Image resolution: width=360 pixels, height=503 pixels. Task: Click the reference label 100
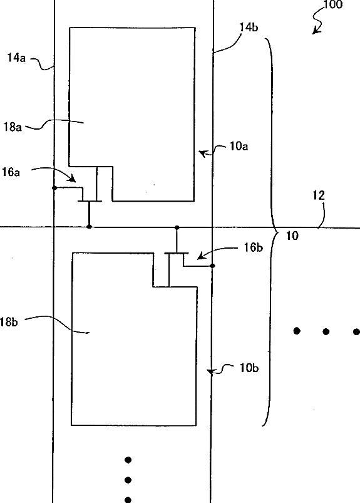(x=332, y=4)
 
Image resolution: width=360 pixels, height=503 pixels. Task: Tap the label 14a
(x=16, y=58)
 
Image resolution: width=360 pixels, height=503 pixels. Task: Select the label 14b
(x=249, y=28)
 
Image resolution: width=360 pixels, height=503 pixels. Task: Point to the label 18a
(x=13, y=127)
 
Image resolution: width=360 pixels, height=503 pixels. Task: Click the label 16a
(x=11, y=172)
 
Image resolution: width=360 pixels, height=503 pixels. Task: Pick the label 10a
(x=239, y=147)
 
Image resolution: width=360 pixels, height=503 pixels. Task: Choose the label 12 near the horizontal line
(x=319, y=195)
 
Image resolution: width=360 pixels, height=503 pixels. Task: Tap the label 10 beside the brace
(x=292, y=236)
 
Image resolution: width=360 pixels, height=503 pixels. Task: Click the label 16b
(x=253, y=247)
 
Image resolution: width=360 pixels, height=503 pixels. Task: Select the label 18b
(x=9, y=322)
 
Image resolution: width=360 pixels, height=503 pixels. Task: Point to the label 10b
(x=249, y=368)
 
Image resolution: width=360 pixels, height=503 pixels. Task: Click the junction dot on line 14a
(x=54, y=188)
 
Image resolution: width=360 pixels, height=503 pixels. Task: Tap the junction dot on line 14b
(x=212, y=266)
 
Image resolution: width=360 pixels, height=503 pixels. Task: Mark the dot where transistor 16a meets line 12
(x=90, y=227)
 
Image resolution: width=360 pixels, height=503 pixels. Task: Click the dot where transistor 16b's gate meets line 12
(x=177, y=227)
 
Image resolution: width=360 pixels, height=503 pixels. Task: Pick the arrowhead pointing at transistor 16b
(x=201, y=256)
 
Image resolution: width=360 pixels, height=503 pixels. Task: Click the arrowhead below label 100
(x=316, y=31)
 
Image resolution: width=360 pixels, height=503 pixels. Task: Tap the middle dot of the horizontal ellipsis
(x=326, y=331)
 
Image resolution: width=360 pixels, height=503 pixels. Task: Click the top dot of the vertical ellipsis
(x=128, y=460)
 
